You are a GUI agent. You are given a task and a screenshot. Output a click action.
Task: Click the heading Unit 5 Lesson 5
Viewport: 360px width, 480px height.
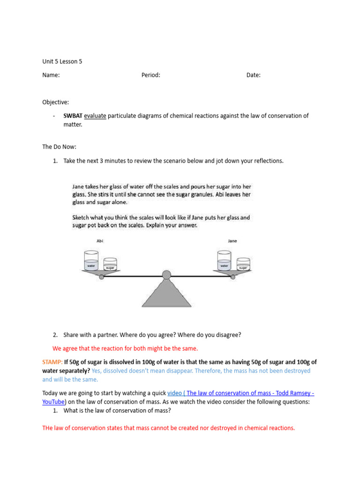click(62, 61)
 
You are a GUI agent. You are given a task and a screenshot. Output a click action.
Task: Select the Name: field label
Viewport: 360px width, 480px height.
click(51, 75)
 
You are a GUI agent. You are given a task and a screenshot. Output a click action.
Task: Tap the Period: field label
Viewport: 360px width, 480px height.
click(151, 75)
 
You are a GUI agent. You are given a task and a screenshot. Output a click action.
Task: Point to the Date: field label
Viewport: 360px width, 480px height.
click(254, 75)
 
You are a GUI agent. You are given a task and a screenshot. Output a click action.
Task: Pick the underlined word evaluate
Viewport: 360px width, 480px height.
click(95, 116)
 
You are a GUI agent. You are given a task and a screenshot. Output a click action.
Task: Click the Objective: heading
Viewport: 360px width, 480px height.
click(56, 102)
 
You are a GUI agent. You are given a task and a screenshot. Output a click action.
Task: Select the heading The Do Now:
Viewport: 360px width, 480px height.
click(60, 147)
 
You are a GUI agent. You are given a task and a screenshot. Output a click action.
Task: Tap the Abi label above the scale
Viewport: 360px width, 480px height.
click(99, 241)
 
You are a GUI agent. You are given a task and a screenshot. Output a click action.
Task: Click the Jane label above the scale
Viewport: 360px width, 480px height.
click(232, 241)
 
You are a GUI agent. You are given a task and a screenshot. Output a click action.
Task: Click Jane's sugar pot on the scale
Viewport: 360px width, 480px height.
click(243, 264)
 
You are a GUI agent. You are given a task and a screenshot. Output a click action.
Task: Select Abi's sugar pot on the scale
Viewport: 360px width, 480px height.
click(110, 264)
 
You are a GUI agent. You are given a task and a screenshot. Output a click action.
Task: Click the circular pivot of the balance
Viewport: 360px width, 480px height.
click(166, 275)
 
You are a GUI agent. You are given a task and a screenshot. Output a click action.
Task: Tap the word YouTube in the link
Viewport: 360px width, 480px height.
click(53, 402)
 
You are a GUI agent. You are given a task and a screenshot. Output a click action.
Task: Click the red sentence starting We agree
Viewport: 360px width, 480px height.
click(125, 348)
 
